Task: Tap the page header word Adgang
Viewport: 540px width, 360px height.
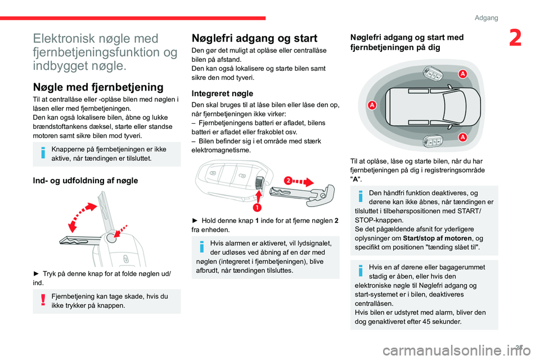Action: pyautogui.click(x=486, y=18)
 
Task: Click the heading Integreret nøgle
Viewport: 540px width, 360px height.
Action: pyautogui.click(x=222, y=93)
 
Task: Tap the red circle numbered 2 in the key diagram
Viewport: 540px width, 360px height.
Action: pyautogui.click(x=287, y=181)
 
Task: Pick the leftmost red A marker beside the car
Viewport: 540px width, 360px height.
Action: pyautogui.click(x=372, y=106)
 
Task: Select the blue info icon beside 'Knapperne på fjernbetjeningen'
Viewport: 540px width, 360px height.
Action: pyautogui.click(x=42, y=154)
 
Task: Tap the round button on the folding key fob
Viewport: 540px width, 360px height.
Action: pyautogui.click(x=111, y=238)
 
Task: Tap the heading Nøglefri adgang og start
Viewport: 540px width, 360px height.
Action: pyautogui.click(x=254, y=38)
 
